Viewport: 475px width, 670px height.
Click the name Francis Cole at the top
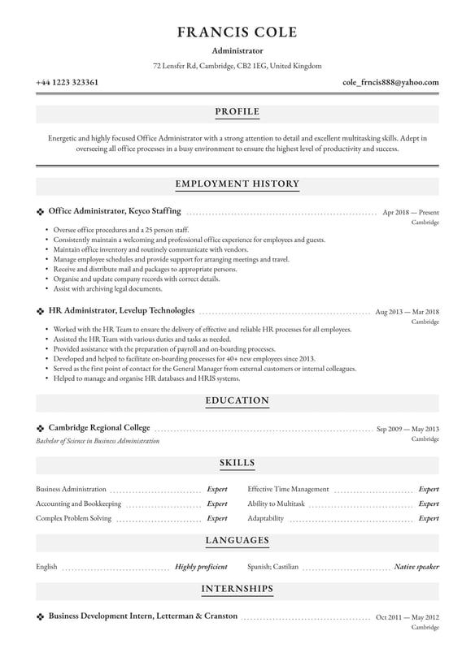tap(237, 32)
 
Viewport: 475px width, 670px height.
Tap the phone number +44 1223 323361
tap(68, 82)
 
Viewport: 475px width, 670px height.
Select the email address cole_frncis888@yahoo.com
tap(390, 82)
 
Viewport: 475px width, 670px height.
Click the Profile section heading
tap(237, 111)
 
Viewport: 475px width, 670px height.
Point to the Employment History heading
tap(237, 184)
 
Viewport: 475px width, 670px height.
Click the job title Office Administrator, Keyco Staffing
tap(115, 211)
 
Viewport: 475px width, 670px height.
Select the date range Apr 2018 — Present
tap(411, 212)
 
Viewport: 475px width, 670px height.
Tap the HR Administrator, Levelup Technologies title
tap(122, 310)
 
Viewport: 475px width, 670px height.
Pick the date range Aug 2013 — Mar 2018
tap(407, 311)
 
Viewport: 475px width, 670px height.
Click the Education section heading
tap(237, 400)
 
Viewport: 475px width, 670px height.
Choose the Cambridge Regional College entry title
tap(98, 427)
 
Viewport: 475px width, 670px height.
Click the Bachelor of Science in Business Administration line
tap(98, 441)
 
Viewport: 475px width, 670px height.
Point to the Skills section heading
tap(237, 463)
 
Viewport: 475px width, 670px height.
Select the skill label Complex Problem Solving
tap(73, 518)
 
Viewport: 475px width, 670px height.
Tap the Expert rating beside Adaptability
tap(428, 518)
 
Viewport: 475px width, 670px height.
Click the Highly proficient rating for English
tap(201, 567)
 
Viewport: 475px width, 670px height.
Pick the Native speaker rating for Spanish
tap(416, 567)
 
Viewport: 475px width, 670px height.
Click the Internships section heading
tap(237, 588)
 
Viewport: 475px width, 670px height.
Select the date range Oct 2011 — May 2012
tap(407, 617)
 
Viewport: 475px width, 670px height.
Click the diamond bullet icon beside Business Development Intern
tap(40, 616)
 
